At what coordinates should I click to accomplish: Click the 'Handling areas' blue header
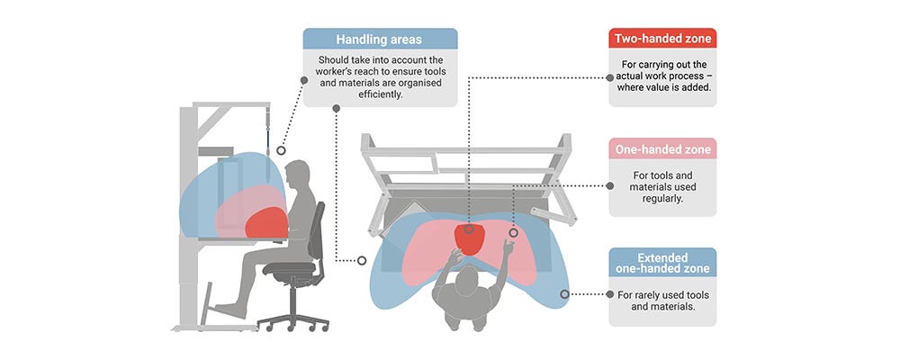(379, 40)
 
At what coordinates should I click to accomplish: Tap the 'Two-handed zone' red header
(662, 40)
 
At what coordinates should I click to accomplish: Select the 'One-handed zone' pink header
(662, 149)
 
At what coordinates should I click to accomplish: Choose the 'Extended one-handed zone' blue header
(662, 262)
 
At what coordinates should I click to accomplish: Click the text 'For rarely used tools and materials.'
(662, 301)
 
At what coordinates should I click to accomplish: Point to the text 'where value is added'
(662, 89)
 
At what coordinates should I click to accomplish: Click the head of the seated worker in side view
(297, 175)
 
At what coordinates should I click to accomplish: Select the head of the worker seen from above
(469, 282)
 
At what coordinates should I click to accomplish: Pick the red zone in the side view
(267, 222)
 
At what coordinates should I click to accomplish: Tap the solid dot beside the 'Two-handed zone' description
(611, 78)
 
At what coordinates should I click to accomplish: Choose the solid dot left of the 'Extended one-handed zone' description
(611, 293)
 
